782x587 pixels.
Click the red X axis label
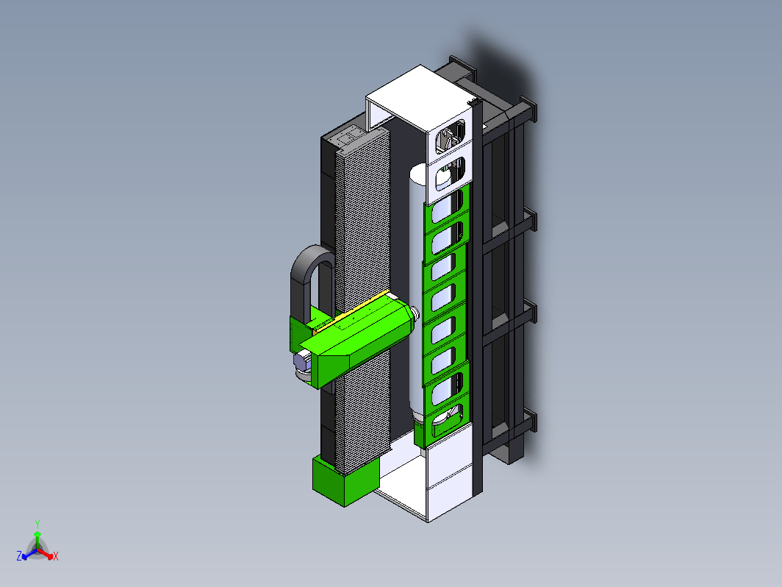click(55, 556)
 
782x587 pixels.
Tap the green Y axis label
click(37, 524)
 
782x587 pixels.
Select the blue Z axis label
click(19, 556)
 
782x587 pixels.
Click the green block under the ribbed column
click(345, 480)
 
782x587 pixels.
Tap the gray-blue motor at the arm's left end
click(302, 362)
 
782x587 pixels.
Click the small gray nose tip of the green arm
click(415, 315)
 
